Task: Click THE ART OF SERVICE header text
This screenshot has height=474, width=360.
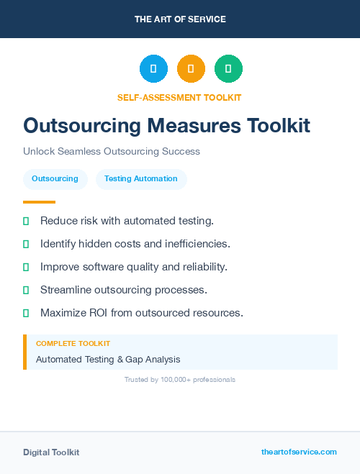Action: click(180, 19)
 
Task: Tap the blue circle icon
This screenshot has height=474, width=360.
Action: click(153, 69)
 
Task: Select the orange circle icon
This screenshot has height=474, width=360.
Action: click(191, 69)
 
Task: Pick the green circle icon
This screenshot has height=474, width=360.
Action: click(228, 69)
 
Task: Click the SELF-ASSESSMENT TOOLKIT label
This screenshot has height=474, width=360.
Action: click(179, 97)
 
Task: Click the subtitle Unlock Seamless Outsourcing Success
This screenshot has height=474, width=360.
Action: click(112, 152)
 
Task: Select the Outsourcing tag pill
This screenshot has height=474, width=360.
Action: click(55, 178)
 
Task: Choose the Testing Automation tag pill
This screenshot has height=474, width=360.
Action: click(141, 178)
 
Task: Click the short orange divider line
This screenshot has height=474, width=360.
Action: click(39, 202)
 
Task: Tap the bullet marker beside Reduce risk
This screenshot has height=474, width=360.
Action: click(26, 221)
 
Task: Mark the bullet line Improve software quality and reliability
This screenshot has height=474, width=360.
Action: click(134, 267)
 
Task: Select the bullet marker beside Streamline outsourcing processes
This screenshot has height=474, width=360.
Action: click(26, 290)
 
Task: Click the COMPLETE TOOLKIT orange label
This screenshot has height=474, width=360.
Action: click(73, 344)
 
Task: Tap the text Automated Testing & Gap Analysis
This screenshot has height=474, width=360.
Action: click(108, 359)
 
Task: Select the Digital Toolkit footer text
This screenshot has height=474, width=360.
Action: click(51, 452)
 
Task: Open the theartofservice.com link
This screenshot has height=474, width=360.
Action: click(299, 452)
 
